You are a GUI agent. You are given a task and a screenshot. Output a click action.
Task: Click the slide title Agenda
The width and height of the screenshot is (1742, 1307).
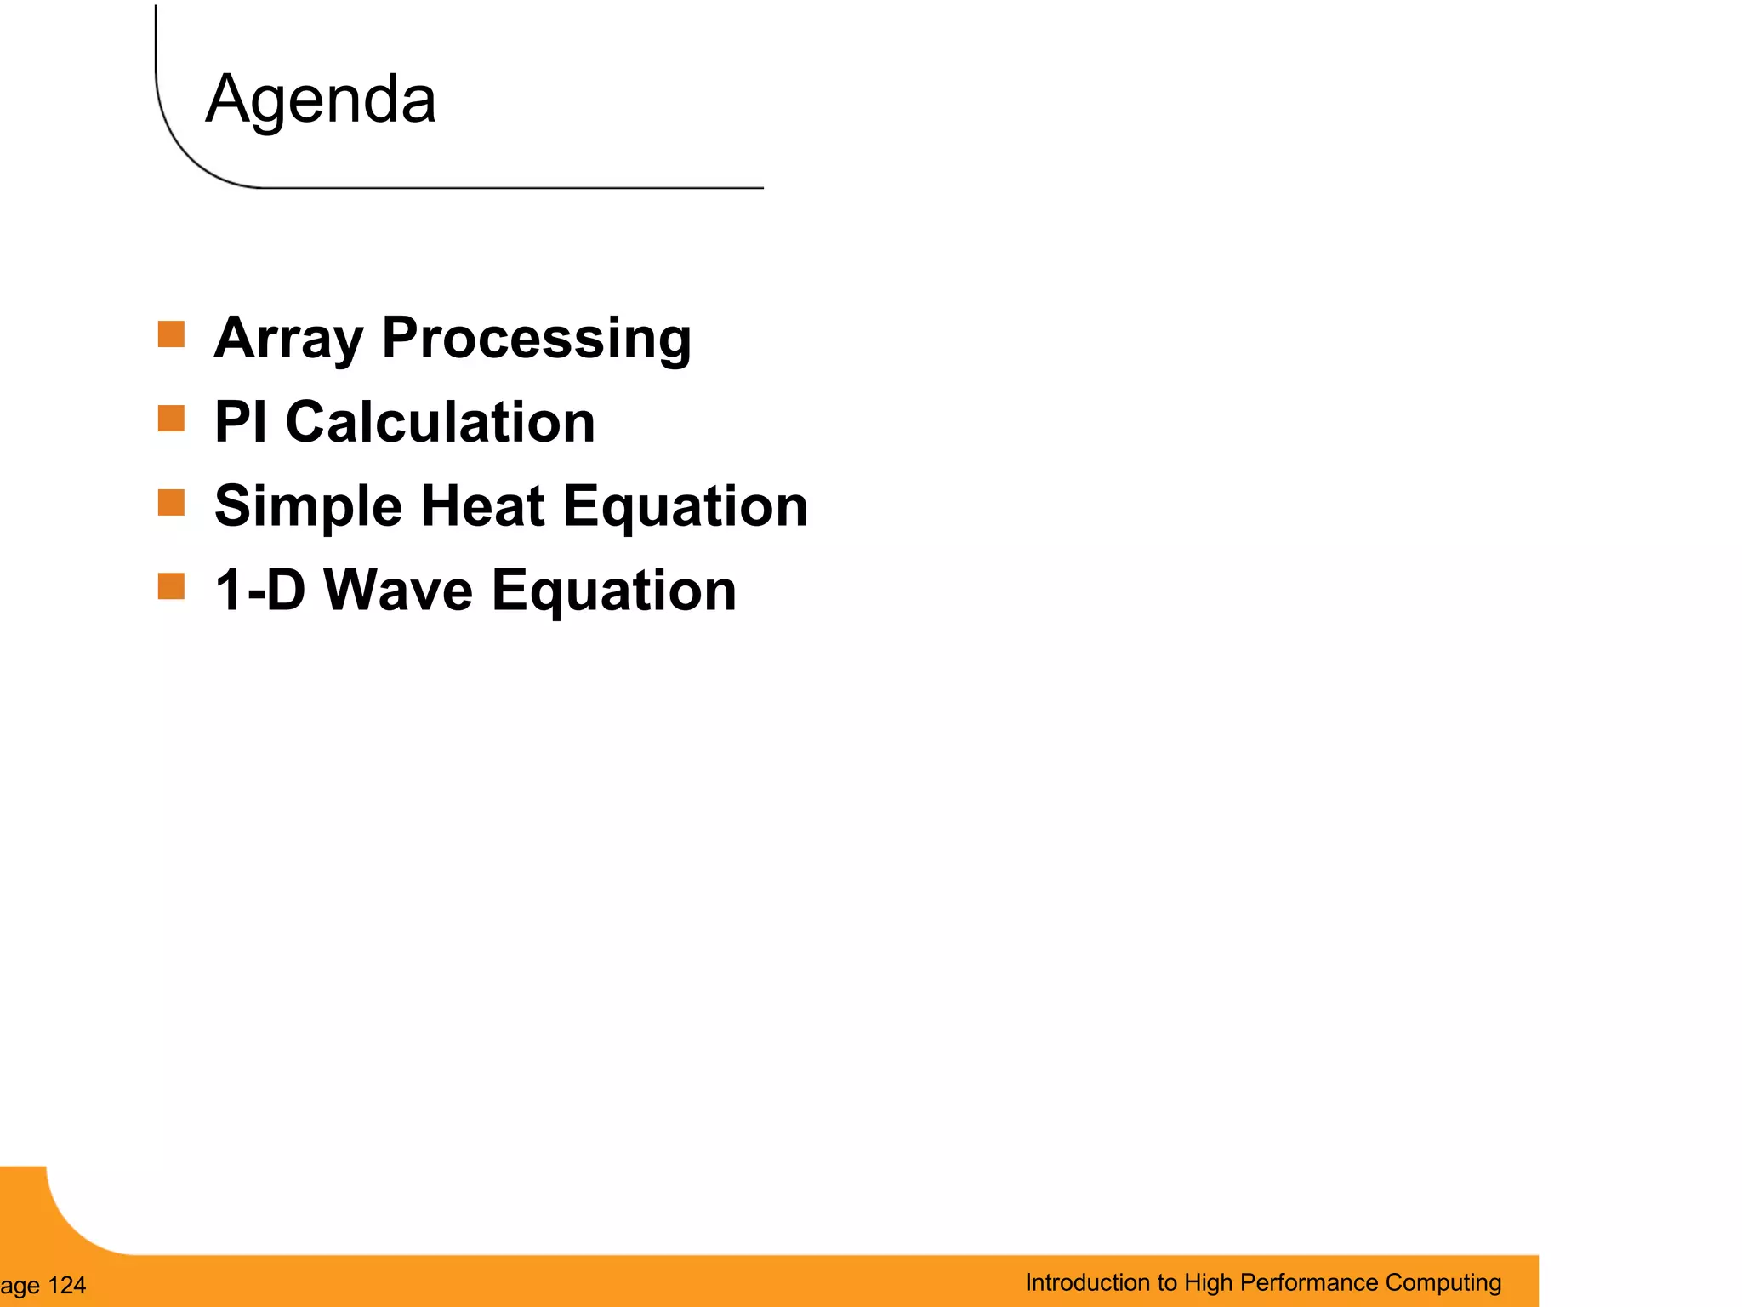click(321, 100)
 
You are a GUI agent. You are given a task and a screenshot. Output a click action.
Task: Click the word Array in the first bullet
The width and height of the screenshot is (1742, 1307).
click(288, 339)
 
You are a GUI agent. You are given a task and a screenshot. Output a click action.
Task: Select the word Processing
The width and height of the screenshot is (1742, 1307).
click(537, 339)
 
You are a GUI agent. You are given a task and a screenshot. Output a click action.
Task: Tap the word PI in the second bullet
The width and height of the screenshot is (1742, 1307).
click(241, 422)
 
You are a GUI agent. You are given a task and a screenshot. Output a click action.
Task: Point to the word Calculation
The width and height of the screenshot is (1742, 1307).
click(440, 422)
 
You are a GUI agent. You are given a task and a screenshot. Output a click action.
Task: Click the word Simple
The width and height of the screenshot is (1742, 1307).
click(308, 507)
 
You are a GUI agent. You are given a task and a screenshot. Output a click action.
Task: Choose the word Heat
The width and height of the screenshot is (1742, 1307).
click(482, 505)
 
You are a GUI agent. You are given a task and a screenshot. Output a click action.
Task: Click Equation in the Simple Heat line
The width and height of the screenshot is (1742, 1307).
click(685, 507)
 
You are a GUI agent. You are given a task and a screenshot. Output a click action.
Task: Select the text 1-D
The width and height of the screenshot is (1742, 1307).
click(259, 590)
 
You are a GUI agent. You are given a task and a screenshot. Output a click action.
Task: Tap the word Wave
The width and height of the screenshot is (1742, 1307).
click(398, 590)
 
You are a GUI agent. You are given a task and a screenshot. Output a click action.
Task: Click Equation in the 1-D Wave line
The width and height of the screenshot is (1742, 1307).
click(613, 591)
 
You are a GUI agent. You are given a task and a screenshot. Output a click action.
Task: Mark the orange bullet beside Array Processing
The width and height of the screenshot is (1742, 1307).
click(171, 334)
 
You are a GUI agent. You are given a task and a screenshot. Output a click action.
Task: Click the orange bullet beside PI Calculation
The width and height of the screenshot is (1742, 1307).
click(171, 419)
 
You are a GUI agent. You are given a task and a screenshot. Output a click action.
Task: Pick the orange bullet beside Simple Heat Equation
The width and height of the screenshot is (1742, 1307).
click(171, 503)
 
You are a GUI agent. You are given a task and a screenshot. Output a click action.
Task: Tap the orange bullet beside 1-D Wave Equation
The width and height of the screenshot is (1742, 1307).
click(171, 586)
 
